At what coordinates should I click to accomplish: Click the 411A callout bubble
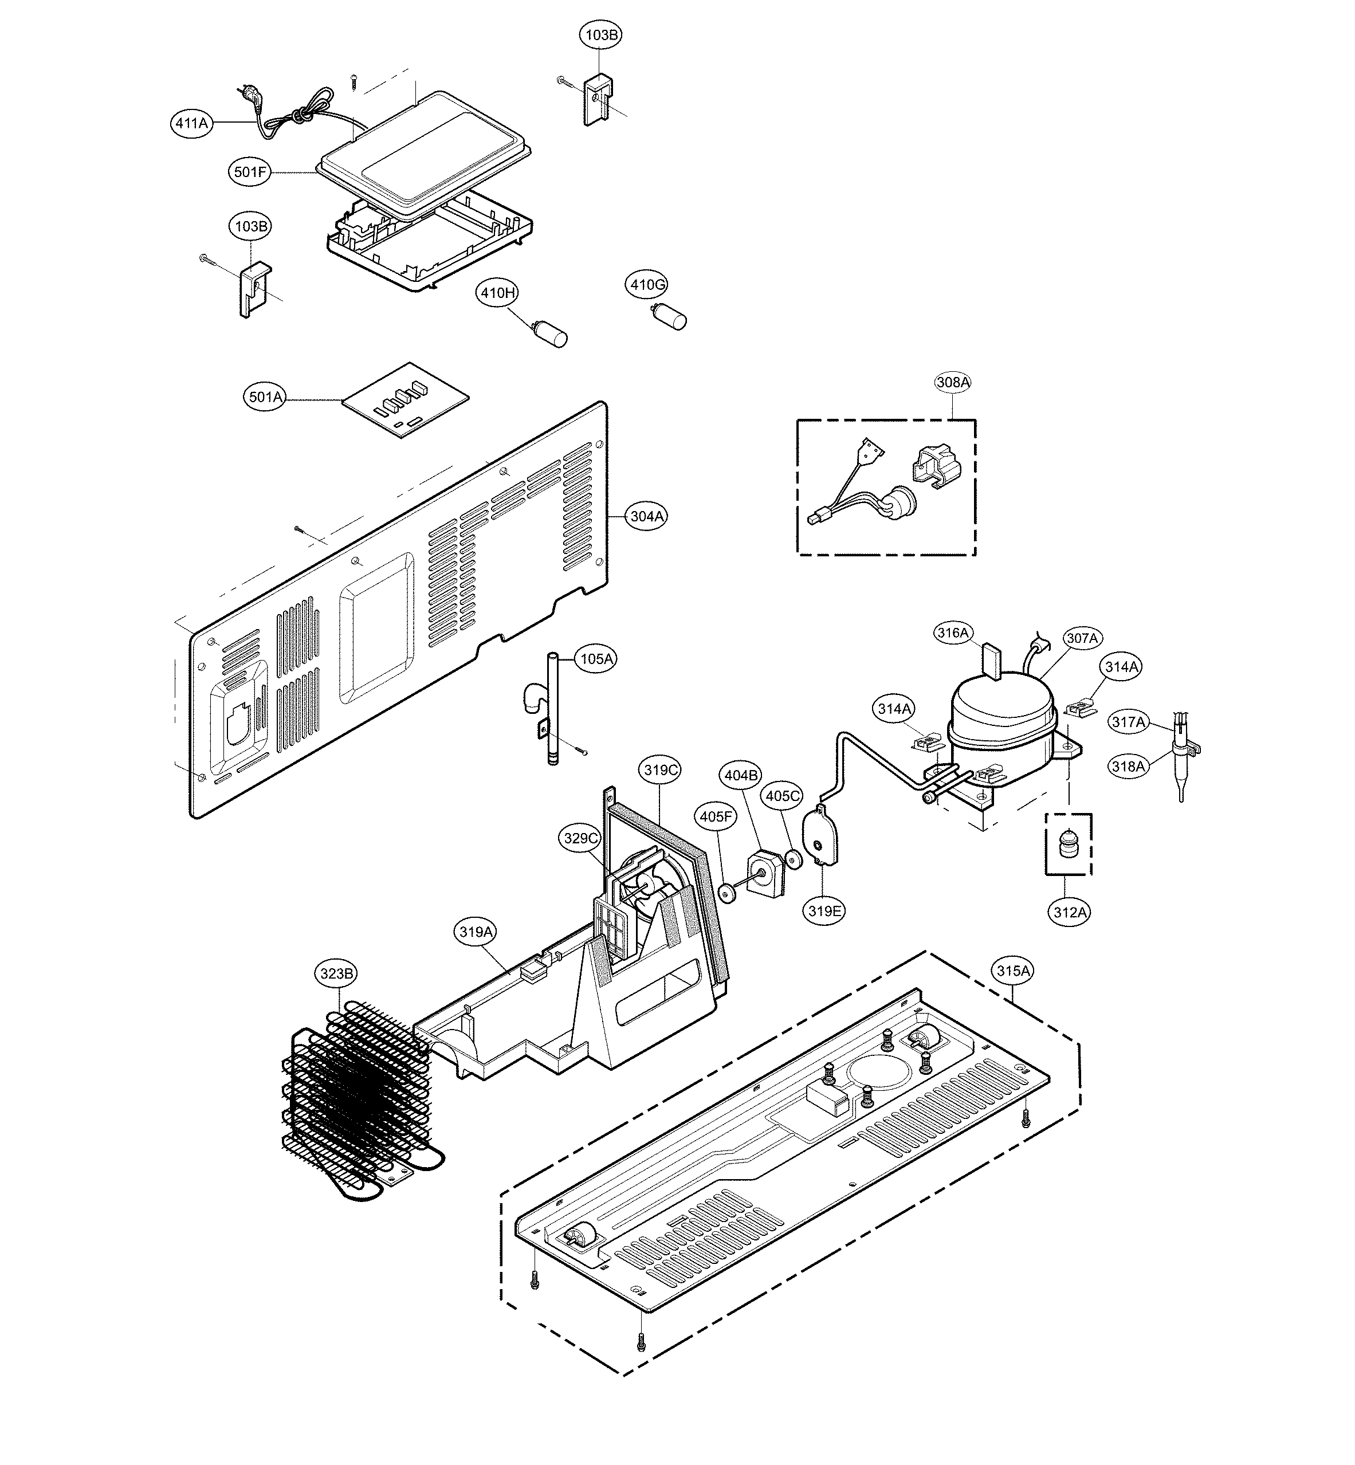click(191, 123)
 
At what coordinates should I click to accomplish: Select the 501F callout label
click(250, 172)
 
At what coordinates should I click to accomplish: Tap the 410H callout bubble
click(498, 293)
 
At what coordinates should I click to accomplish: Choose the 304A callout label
click(647, 516)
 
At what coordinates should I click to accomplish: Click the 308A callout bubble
click(953, 382)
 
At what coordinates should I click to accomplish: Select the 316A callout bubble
click(953, 632)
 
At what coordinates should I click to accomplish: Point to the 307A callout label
click(1082, 639)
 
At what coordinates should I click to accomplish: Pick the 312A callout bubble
click(1070, 912)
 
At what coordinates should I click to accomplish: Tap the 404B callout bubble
click(741, 775)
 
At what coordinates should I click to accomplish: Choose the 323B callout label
click(337, 974)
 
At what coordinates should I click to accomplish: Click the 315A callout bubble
click(1014, 971)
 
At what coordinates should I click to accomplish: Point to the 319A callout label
click(476, 932)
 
